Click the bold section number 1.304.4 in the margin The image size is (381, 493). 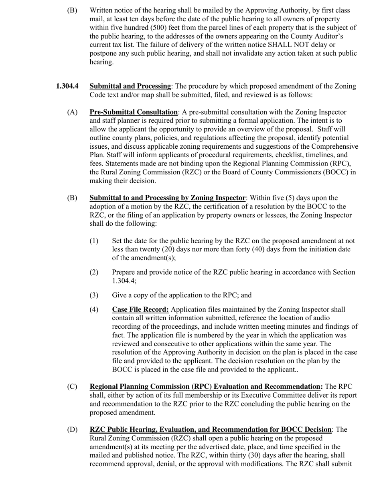click(67, 86)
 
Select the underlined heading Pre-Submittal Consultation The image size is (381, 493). click(134, 112)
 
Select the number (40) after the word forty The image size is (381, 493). click(260, 249)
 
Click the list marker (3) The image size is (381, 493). click(93, 295)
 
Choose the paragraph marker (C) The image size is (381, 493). click(72, 387)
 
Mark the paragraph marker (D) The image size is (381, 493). click(72, 430)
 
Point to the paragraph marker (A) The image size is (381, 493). click(72, 112)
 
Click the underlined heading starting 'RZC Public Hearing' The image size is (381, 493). click(211, 430)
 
